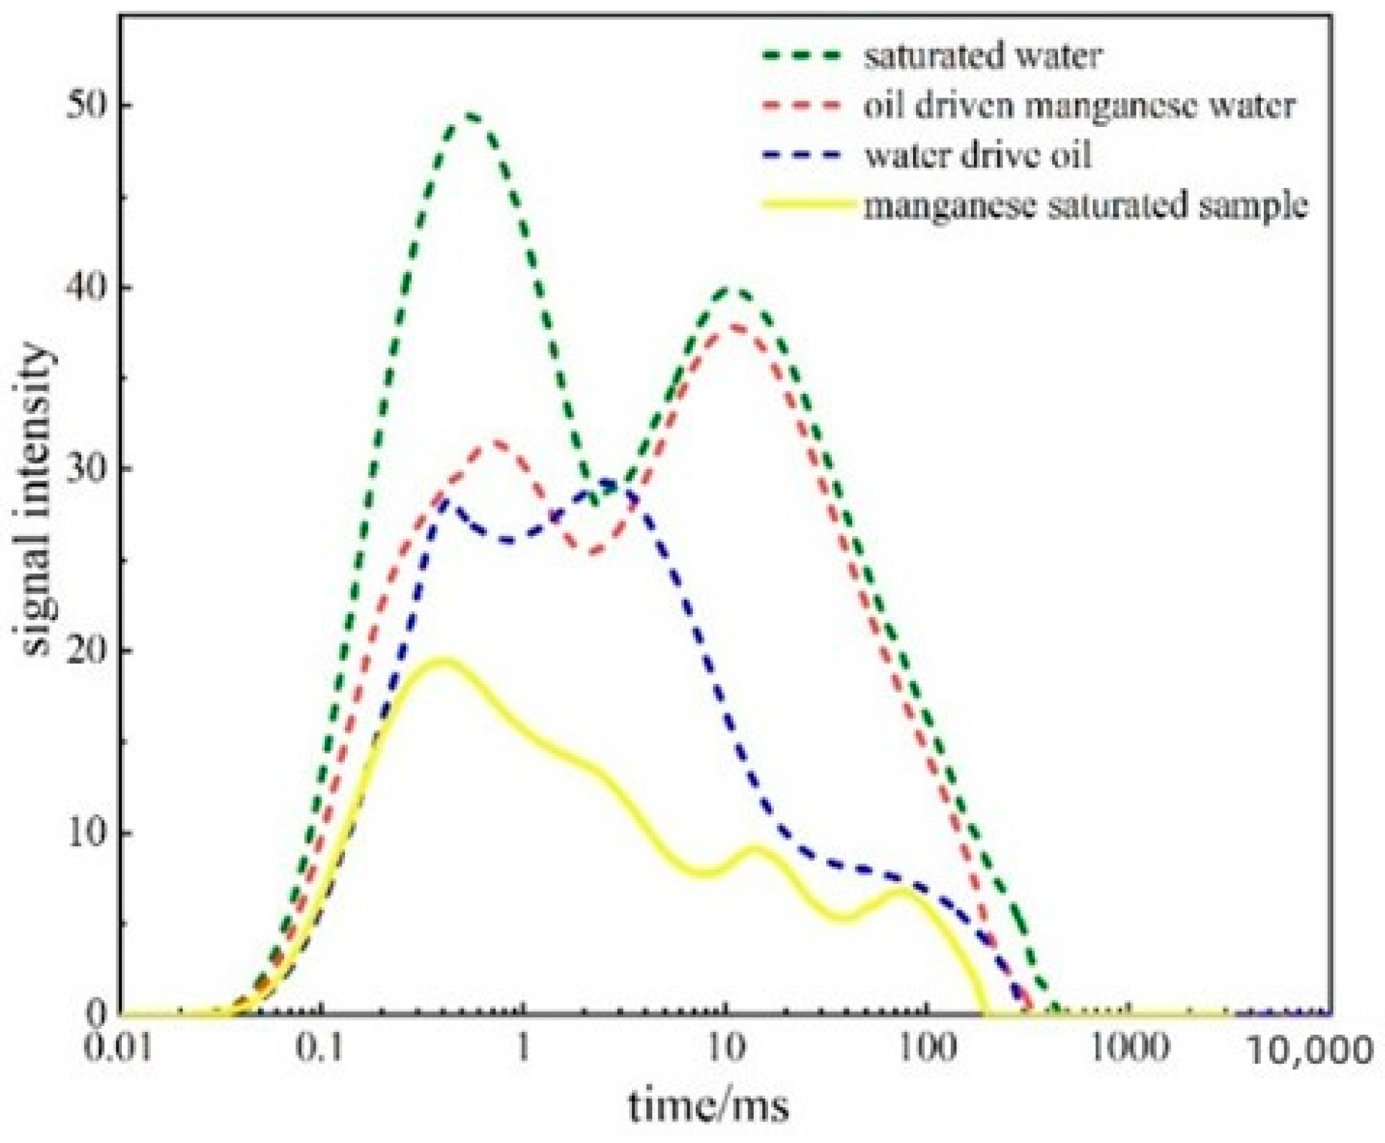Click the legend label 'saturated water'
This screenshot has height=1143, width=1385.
982,56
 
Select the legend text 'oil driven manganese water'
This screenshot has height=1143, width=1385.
1079,106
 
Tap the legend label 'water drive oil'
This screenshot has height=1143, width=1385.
978,156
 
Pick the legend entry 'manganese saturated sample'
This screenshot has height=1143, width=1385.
1085,205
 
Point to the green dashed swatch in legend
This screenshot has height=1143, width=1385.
801,56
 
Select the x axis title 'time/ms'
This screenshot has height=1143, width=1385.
709,1106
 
